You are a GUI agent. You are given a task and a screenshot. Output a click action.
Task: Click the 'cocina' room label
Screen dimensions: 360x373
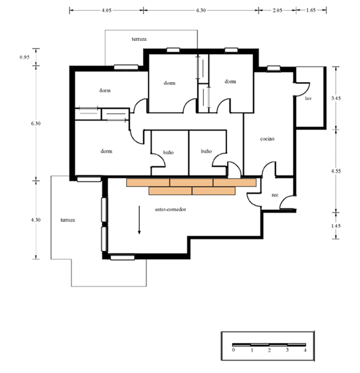pyautogui.click(x=267, y=139)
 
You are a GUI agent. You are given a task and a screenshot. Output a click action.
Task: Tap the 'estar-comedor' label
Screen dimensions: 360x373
pyautogui.click(x=170, y=210)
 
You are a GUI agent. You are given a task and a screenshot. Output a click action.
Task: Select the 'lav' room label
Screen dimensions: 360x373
pyautogui.click(x=308, y=98)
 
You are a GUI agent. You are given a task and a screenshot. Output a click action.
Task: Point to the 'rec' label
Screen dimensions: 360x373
pyautogui.click(x=275, y=195)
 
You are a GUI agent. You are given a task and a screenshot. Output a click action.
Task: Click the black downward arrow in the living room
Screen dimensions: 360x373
pyautogui.click(x=139, y=220)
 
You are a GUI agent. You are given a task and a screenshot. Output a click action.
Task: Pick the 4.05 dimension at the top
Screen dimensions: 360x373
pyautogui.click(x=106, y=11)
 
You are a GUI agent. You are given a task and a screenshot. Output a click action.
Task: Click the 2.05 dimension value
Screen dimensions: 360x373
pyautogui.click(x=277, y=10)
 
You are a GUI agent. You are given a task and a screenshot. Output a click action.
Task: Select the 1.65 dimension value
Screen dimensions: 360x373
pyautogui.click(x=311, y=10)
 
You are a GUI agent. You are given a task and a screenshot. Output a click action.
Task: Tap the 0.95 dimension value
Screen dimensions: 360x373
pyautogui.click(x=24, y=57)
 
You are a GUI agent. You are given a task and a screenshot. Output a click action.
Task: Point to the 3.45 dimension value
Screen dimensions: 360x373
pyautogui.click(x=336, y=98)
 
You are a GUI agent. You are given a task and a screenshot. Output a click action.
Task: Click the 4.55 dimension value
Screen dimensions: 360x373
pyautogui.click(x=336, y=171)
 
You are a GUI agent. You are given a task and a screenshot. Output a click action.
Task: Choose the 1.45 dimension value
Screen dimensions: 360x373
pyautogui.click(x=336, y=226)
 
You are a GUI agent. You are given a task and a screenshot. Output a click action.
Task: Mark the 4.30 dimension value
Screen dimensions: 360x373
pyautogui.click(x=35, y=220)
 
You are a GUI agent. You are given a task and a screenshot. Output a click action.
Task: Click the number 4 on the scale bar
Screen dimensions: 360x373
pyautogui.click(x=305, y=350)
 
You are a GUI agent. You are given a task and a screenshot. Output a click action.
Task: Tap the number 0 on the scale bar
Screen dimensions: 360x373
pyautogui.click(x=233, y=350)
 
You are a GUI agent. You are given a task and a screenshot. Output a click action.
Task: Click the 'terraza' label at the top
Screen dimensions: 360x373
pyautogui.click(x=139, y=39)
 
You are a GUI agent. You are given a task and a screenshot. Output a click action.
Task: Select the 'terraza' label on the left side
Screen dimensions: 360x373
pyautogui.click(x=68, y=220)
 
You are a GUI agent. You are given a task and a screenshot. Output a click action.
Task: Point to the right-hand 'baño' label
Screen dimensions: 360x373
pyautogui.click(x=206, y=151)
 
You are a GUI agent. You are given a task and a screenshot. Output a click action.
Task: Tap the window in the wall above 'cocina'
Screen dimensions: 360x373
pyautogui.click(x=274, y=68)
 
